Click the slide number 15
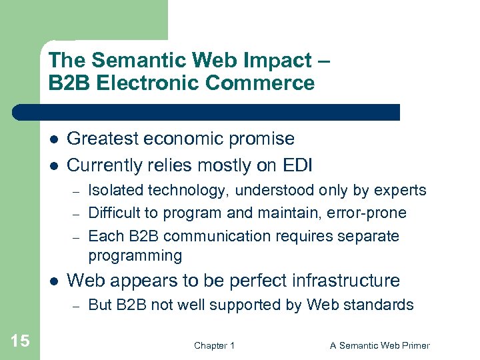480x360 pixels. [20, 341]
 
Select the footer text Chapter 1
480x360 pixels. [214, 345]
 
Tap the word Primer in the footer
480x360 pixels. [414, 345]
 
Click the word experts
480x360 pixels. [399, 191]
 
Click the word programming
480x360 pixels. [135, 255]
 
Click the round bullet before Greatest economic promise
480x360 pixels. [53, 139]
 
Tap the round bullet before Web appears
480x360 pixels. [53, 281]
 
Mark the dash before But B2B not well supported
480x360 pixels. [77, 306]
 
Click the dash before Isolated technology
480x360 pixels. [77, 191]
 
